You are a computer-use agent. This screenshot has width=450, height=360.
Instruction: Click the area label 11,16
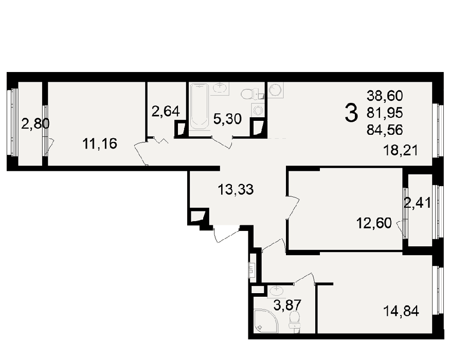coord(100,143)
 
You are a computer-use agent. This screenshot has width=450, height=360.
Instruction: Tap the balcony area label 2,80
coord(35,124)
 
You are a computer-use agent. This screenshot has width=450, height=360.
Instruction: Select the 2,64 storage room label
coord(166,111)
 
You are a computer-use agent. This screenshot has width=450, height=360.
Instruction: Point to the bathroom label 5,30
coord(228,119)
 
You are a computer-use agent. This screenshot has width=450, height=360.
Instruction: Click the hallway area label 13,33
coord(236,189)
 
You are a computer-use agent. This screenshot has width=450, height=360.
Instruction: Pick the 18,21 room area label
coord(401,150)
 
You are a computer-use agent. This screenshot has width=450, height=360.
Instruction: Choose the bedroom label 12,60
coord(374,223)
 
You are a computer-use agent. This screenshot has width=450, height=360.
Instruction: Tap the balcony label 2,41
coord(417,203)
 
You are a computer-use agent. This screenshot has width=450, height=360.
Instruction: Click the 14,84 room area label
coord(401,311)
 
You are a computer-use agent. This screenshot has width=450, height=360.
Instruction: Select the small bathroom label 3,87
coord(287,305)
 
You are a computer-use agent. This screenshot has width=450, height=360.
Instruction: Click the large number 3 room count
coord(351,113)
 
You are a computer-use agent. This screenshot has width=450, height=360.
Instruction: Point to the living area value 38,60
coord(385,96)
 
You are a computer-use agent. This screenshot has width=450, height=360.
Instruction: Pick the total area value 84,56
coord(385,130)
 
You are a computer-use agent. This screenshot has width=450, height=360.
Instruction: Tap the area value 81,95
coord(385,113)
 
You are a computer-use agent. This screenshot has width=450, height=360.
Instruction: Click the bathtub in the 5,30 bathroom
coord(199,106)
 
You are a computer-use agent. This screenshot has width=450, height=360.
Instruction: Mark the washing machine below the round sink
coord(258,110)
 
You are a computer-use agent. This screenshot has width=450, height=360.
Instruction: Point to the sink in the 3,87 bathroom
coord(276,291)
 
